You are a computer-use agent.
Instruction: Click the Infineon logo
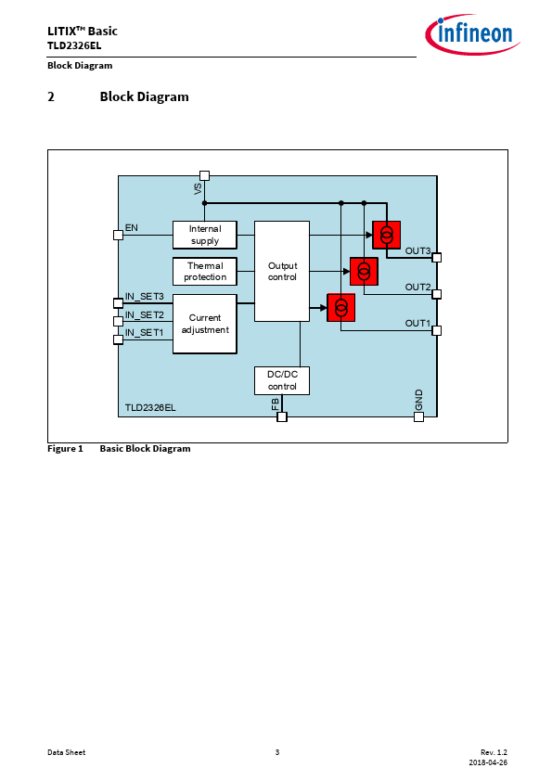[472, 34]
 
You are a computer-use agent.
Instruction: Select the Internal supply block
[205, 235]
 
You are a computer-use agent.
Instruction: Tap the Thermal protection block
[205, 272]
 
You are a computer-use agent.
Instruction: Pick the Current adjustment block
[205, 324]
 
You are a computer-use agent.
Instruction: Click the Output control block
[282, 272]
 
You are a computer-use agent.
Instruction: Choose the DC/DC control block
[282, 380]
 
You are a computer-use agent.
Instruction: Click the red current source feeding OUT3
[387, 235]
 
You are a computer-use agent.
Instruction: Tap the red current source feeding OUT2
[365, 272]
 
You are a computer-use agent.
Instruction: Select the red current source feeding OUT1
[341, 308]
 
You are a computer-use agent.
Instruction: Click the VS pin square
[204, 176]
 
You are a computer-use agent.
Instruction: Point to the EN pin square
[118, 235]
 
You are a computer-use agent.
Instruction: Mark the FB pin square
[282, 416]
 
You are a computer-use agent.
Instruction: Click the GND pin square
[419, 416]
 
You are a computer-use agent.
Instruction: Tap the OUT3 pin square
[436, 258]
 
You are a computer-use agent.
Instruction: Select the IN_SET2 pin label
[145, 314]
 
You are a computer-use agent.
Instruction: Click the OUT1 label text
[417, 324]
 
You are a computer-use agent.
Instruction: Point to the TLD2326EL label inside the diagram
[150, 407]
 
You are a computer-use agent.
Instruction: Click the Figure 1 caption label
[65, 449]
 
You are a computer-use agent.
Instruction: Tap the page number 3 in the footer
[277, 752]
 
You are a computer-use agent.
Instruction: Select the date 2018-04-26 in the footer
[488, 762]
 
